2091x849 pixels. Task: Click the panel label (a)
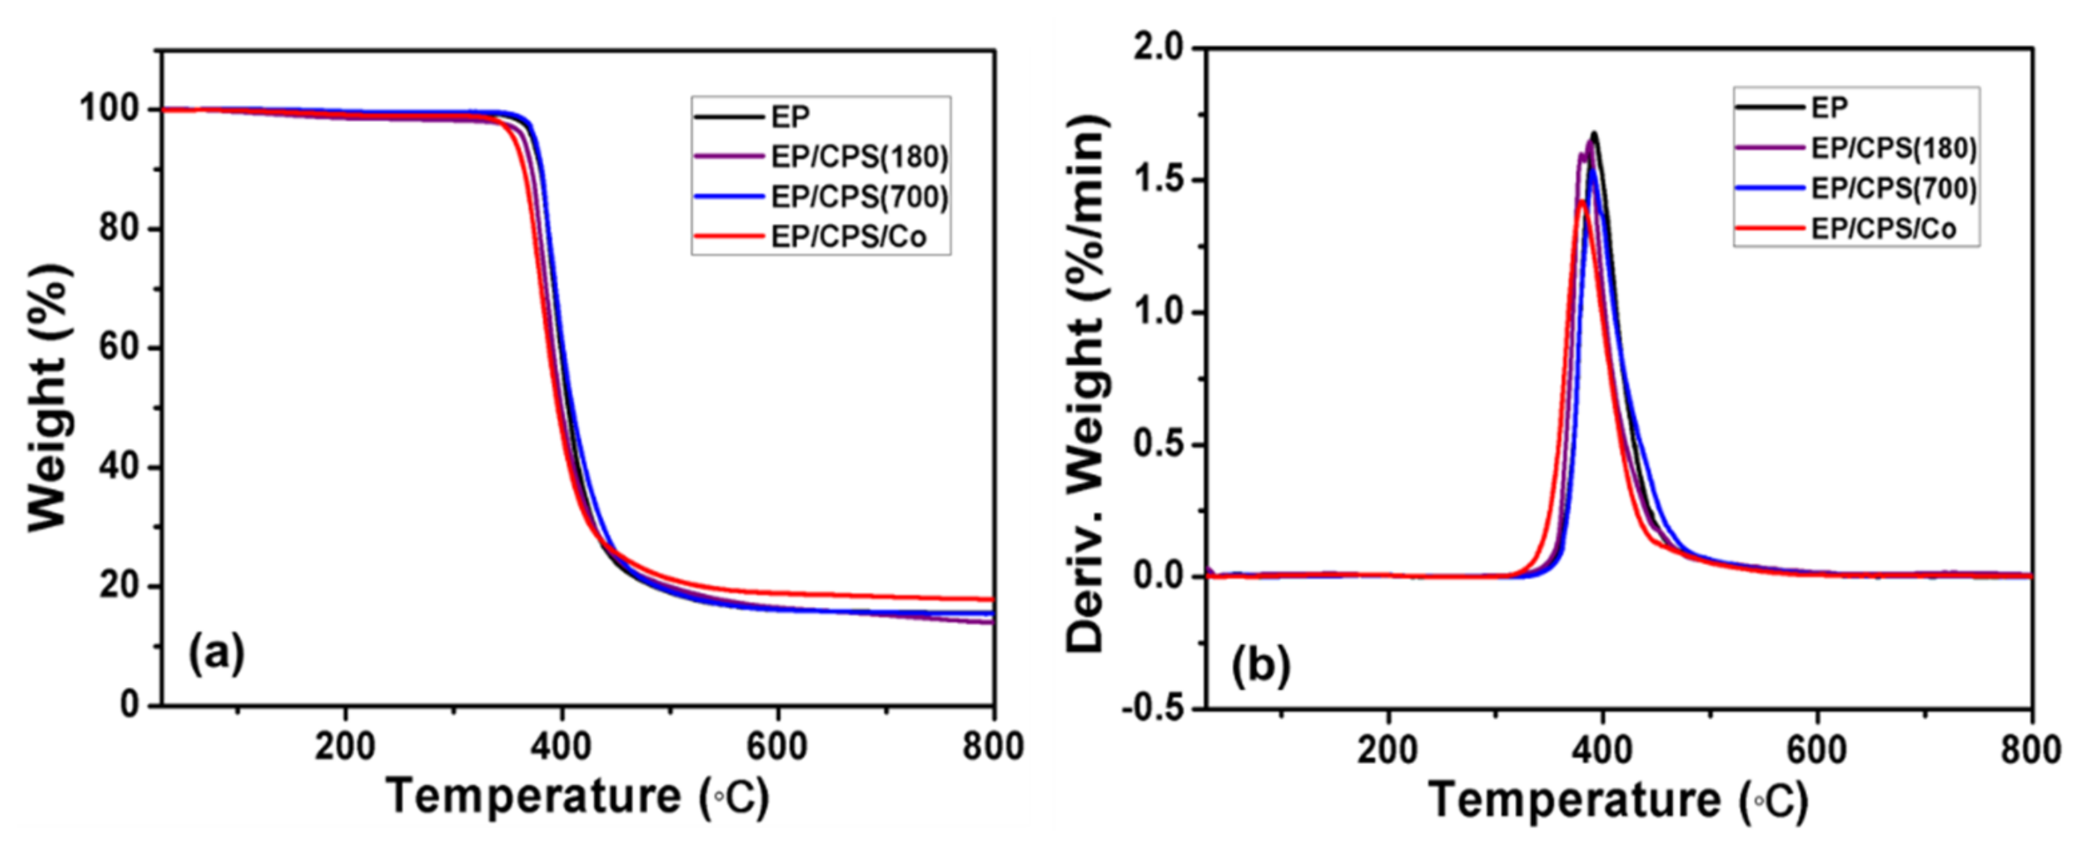[x=216, y=655]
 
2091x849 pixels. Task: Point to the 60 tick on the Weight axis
[x=120, y=347]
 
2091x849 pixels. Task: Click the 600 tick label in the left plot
[x=777, y=747]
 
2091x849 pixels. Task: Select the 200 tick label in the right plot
[x=1389, y=750]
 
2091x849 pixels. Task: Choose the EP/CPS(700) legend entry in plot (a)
[x=859, y=198]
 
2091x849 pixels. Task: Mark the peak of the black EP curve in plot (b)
[x=1594, y=133]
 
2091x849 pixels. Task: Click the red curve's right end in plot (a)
[x=992, y=599]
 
